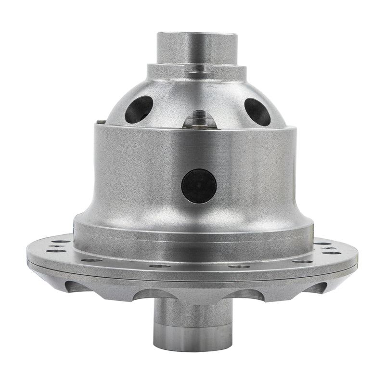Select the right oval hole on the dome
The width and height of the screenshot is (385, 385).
pos(257,111)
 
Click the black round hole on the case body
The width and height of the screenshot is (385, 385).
pos(199,186)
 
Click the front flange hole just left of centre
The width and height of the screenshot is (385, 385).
pos(159,266)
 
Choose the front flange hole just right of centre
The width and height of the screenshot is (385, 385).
pos(239,266)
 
